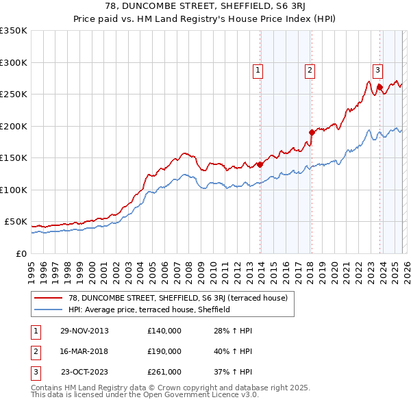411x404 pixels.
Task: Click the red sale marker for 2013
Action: click(260, 164)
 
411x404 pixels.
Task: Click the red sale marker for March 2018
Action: click(312, 132)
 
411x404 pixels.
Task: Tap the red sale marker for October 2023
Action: click(379, 87)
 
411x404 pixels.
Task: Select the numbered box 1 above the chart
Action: click(258, 69)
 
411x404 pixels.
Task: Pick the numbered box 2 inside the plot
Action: click(310, 69)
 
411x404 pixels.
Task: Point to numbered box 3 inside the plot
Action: click(377, 69)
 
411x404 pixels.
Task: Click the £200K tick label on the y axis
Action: click(13, 126)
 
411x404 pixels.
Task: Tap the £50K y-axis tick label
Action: click(15, 222)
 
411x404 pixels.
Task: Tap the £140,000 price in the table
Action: click(164, 331)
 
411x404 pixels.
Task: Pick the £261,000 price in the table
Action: click(164, 372)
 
